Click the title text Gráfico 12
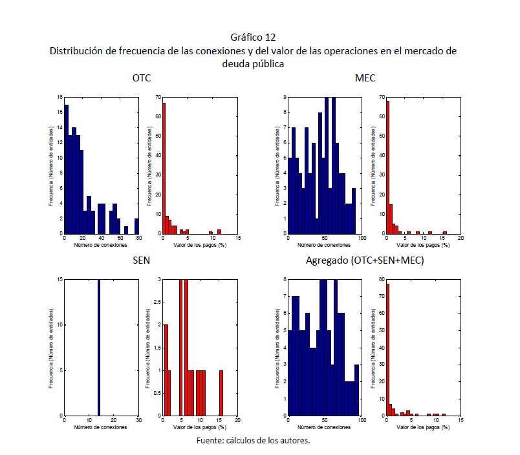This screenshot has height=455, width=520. [257, 37]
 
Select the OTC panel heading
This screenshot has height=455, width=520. [141, 78]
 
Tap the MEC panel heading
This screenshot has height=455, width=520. [365, 78]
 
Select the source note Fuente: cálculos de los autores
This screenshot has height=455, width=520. [254, 441]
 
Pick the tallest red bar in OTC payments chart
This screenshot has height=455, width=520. [164, 168]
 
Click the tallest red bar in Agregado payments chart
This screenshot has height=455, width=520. [387, 349]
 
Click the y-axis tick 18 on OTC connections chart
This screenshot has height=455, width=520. [60, 98]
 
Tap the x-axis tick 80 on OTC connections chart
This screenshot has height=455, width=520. [138, 238]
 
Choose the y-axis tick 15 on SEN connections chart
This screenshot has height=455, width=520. [60, 280]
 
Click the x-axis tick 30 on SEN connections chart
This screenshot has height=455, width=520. [138, 421]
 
